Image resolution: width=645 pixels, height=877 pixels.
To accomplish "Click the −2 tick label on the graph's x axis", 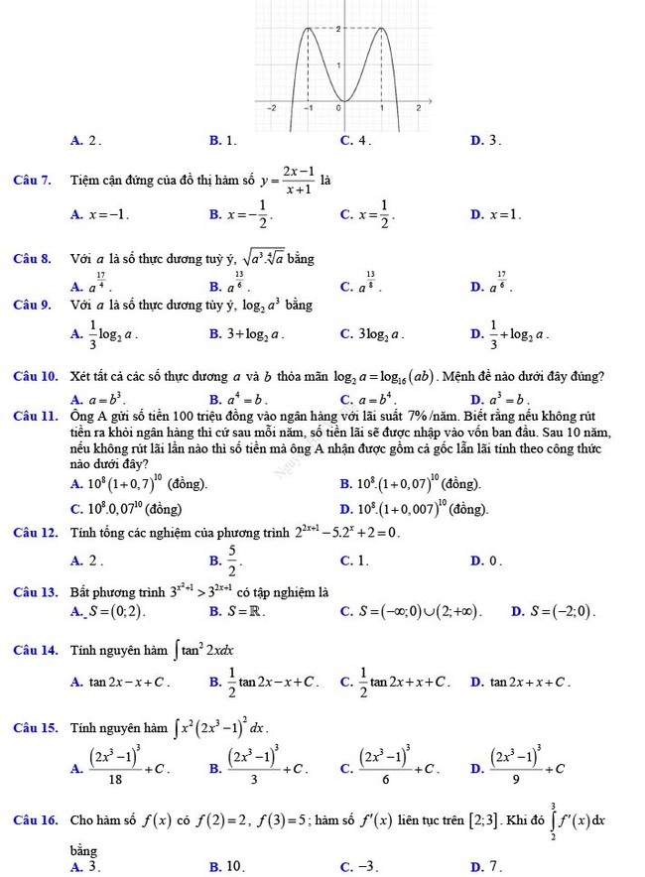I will tap(277, 107).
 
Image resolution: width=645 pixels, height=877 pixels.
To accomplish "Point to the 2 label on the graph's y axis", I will tap(341, 30).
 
